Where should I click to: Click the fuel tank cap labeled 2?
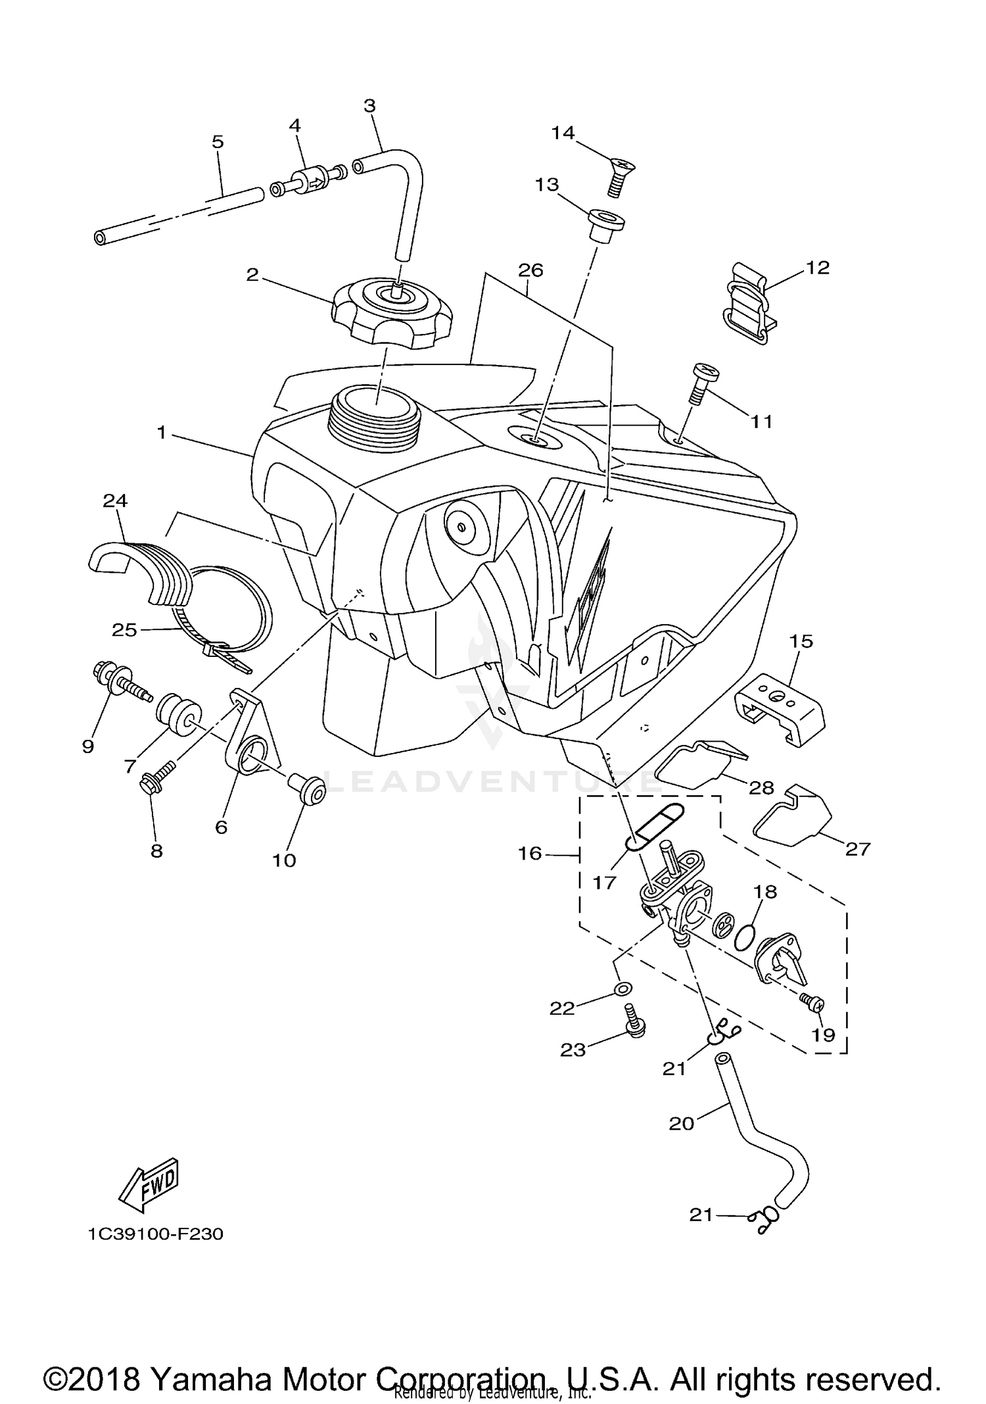pyautogui.click(x=392, y=312)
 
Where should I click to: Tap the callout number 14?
pyautogui.click(x=563, y=133)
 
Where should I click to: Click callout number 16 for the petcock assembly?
pyautogui.click(x=529, y=854)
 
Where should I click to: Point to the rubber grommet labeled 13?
pyautogui.click(x=604, y=225)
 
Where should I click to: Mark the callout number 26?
pyautogui.click(x=530, y=270)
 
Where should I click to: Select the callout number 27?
pyautogui.click(x=857, y=849)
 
